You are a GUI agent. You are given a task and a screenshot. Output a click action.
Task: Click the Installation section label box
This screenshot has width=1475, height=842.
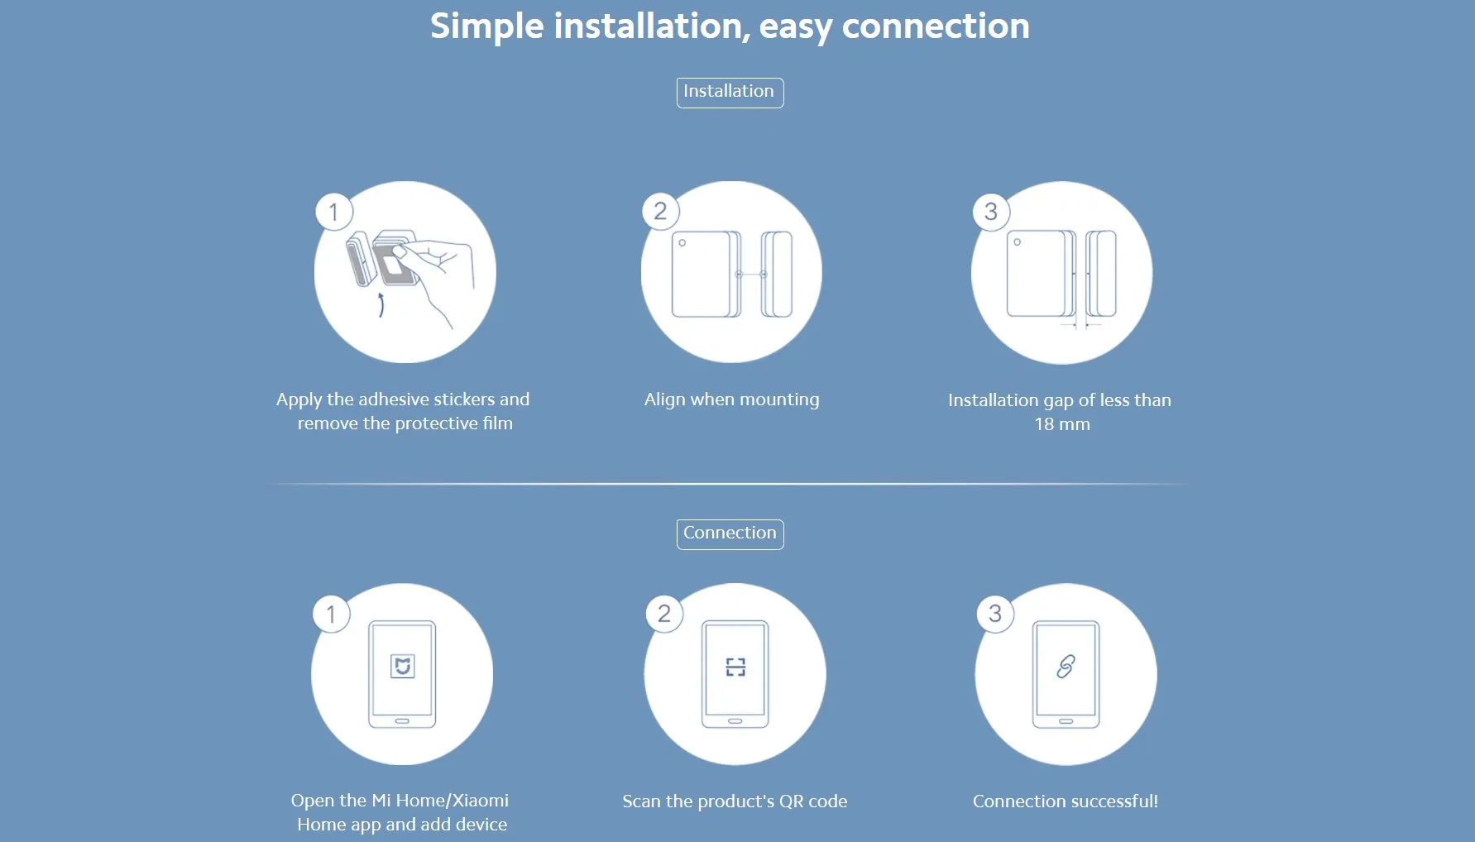730,92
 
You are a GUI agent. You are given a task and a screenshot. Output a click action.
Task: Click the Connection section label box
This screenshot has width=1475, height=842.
730,533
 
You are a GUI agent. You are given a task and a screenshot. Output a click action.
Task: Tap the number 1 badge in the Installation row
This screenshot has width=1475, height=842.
334,212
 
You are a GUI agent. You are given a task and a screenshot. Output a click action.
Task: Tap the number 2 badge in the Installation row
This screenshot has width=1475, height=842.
660,211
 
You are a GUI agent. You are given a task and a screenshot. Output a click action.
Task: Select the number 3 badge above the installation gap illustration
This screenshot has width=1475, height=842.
991,212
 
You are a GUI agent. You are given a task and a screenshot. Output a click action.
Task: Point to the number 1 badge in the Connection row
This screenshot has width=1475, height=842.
331,614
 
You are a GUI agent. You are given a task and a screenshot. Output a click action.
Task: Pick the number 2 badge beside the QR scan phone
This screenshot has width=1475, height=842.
664,614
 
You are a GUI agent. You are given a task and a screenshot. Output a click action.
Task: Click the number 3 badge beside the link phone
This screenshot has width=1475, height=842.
995,614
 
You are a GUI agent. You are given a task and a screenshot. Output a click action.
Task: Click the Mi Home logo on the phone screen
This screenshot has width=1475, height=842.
403,666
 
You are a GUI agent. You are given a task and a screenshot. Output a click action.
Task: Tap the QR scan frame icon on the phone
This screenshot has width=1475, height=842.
735,667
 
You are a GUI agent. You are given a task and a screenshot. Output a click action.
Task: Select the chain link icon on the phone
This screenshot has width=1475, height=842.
1066,667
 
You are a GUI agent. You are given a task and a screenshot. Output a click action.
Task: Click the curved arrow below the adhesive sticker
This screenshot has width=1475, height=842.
381,304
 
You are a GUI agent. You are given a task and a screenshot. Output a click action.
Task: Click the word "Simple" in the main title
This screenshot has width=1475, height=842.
487,26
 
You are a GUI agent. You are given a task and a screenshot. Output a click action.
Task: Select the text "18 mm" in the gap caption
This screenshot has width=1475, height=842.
1062,424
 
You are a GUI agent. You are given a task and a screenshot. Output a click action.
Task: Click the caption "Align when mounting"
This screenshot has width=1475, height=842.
732,399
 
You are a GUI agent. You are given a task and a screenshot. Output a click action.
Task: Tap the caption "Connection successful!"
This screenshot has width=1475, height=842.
1066,801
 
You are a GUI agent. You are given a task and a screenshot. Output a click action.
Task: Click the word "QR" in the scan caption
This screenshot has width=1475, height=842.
792,801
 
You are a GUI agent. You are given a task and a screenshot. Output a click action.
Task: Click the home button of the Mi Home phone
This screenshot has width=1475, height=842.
402,721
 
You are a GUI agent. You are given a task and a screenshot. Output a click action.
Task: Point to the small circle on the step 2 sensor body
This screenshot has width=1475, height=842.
682,243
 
